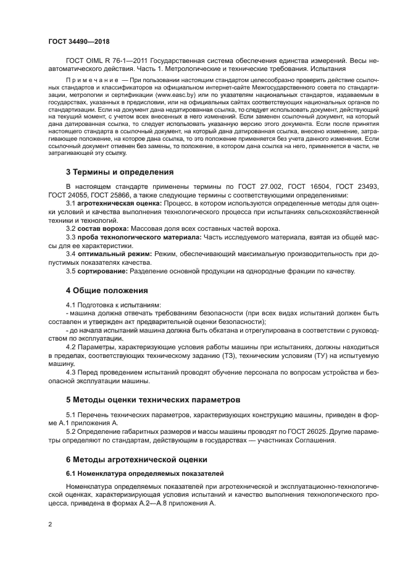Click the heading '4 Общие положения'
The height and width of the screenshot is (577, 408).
[x=107, y=289]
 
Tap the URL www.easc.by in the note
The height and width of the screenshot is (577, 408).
[x=175, y=96]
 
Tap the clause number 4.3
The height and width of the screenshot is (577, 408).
[x=70, y=372]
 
